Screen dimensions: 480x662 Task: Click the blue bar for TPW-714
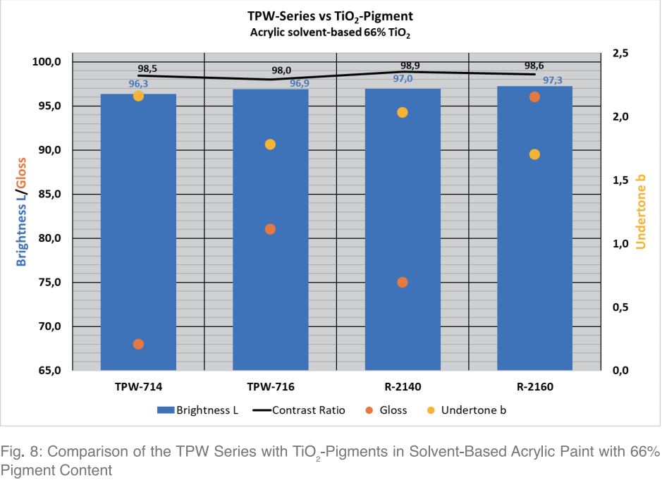coord(138,233)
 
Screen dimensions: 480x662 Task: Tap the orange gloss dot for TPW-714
coord(138,344)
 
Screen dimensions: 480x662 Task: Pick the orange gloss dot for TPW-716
coord(270,229)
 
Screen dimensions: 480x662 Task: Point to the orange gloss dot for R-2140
coord(403,282)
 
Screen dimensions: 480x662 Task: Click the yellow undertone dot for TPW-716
coord(270,144)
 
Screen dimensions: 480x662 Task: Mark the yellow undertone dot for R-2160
coord(534,154)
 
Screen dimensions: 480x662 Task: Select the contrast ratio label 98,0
coord(281,70)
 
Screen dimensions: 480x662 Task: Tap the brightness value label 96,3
coord(137,84)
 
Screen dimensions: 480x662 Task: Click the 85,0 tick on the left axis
coord(49,194)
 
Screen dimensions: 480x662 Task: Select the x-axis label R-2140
coord(402,387)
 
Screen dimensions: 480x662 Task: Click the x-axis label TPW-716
coord(270,387)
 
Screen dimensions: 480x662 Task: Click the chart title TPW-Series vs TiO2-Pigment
coord(331,16)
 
